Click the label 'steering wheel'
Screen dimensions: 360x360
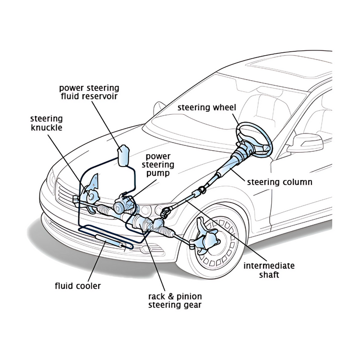tap(206, 108)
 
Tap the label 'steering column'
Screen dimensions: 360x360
tap(279, 182)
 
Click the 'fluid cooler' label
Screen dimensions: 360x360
tap(78, 287)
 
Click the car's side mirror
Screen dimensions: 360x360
tap(305, 143)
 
